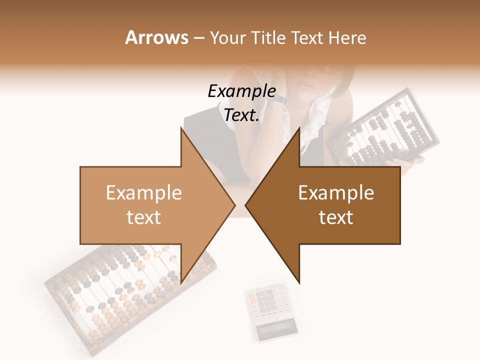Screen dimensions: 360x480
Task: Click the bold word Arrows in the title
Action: point(156,37)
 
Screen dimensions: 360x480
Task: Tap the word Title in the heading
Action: point(267,37)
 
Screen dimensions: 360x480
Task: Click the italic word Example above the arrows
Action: point(241,91)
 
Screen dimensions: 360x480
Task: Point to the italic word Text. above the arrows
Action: point(241,115)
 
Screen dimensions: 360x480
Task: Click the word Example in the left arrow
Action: point(143,193)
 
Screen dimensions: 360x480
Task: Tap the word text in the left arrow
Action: point(143,217)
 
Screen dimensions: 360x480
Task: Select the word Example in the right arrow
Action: point(336,193)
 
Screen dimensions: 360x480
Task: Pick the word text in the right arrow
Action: point(336,217)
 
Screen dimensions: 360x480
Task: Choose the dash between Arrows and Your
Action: point(198,38)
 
